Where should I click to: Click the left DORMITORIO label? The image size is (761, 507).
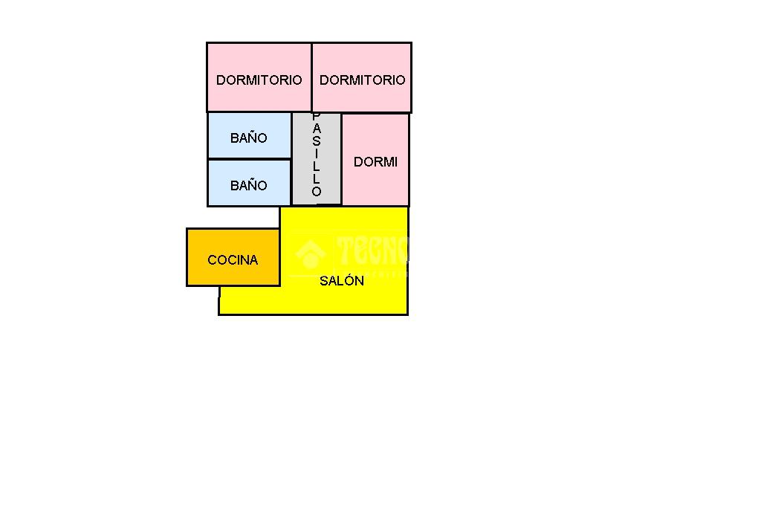click(x=259, y=80)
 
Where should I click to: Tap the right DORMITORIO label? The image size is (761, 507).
click(x=362, y=80)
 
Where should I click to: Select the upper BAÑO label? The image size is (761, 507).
click(x=248, y=138)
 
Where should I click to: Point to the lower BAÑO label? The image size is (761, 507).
click(x=248, y=185)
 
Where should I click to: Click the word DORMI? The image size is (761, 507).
click(x=375, y=161)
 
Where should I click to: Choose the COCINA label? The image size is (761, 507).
click(x=233, y=259)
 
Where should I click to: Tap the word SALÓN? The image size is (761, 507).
click(x=342, y=280)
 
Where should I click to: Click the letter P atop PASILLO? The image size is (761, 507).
click(x=316, y=117)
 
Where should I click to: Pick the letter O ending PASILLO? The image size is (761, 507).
click(x=316, y=192)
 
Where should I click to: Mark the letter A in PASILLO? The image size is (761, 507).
click(x=316, y=129)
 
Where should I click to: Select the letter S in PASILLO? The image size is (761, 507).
click(x=316, y=142)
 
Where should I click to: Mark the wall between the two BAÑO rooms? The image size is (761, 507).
click(x=248, y=159)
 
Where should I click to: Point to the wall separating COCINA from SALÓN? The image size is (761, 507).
click(x=280, y=256)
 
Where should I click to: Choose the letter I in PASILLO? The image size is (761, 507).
click(x=316, y=154)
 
